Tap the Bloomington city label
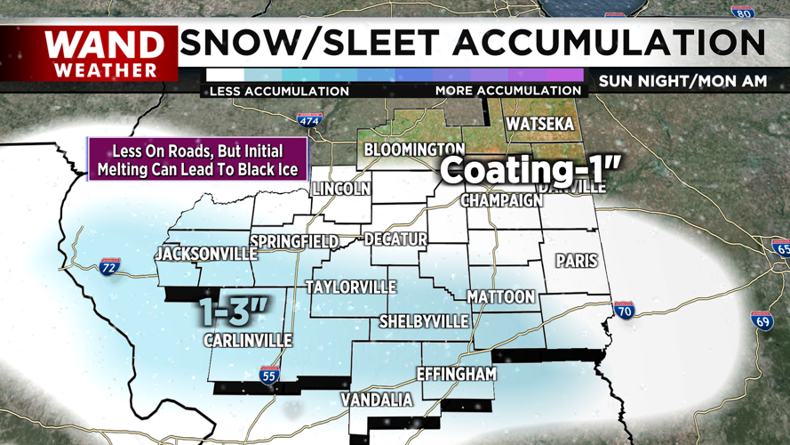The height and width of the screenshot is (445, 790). tap(414, 149)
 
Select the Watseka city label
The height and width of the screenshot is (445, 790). tap(538, 125)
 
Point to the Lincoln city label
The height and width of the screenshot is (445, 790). tap(340, 189)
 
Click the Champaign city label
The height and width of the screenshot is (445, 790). tap(501, 200)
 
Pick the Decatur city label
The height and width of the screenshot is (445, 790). tap(395, 239)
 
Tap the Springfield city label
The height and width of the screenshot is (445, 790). tap(294, 241)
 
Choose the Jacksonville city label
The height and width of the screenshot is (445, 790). tap(205, 255)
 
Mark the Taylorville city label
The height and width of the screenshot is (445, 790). tap(351, 287)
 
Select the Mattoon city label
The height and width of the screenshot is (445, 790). tap(501, 295)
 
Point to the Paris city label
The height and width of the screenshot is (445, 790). tap(576, 261)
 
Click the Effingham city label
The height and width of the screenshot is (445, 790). tap(456, 374)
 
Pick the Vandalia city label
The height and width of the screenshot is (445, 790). tap(378, 400)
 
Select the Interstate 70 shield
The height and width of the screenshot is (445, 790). tap(624, 311)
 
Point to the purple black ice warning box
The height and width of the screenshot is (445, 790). tap(197, 160)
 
